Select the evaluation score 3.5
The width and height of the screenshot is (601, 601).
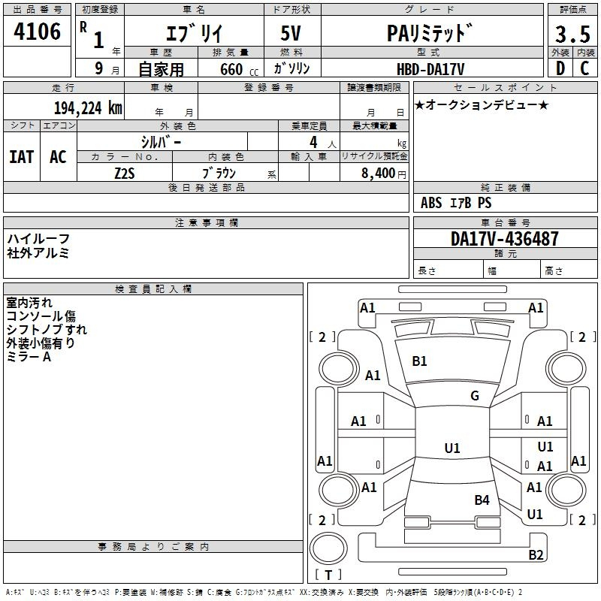point(572,35)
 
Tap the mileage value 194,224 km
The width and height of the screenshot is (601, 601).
point(88,107)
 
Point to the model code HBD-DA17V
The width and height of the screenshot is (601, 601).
point(432,68)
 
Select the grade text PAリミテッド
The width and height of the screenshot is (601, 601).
point(430,33)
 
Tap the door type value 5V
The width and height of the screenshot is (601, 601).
point(292,33)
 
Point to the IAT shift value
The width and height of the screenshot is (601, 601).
point(21,156)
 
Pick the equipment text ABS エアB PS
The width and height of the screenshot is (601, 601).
point(456,203)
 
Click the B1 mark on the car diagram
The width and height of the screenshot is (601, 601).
point(419,361)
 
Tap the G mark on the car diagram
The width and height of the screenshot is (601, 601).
point(475,396)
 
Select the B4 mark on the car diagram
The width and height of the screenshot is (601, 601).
point(482,500)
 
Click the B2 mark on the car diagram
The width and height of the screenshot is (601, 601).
point(536,555)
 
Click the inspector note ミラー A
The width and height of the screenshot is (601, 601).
point(29,357)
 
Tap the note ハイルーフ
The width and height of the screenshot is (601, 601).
point(38,239)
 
